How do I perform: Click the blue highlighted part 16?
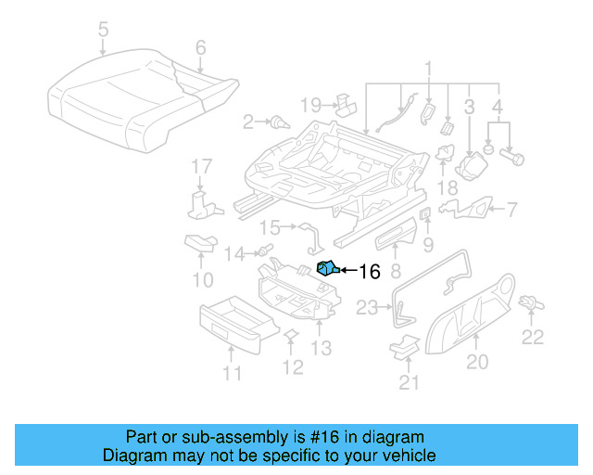click(x=326, y=269)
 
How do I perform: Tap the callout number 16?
click(x=369, y=272)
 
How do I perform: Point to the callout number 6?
click(x=200, y=46)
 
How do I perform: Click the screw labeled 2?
click(x=277, y=121)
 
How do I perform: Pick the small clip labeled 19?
click(x=345, y=102)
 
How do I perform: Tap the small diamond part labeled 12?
click(x=289, y=335)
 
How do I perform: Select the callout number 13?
click(x=321, y=348)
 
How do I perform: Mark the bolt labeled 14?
click(x=264, y=250)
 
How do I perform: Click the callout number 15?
click(x=270, y=227)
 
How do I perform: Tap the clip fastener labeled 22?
click(x=531, y=302)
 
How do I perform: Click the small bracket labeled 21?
click(x=404, y=346)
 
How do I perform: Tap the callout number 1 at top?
click(x=428, y=68)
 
